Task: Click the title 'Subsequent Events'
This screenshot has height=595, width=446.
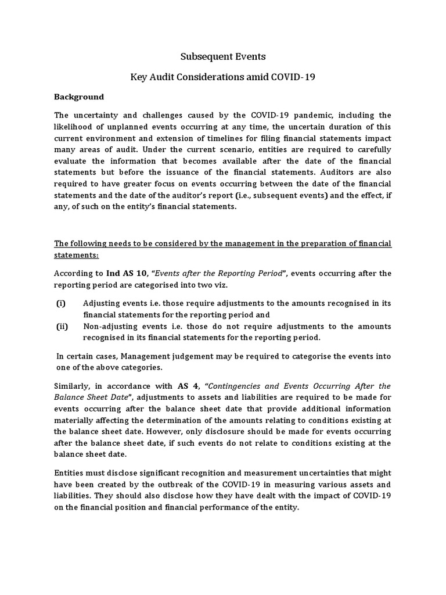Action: coord(223,56)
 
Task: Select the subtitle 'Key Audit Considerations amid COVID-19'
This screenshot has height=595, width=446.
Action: coord(223,77)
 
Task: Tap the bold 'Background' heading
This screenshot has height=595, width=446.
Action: coord(79,97)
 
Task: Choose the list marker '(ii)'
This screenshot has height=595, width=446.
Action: coord(62,326)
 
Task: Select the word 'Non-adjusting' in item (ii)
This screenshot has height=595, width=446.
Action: coord(110,326)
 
